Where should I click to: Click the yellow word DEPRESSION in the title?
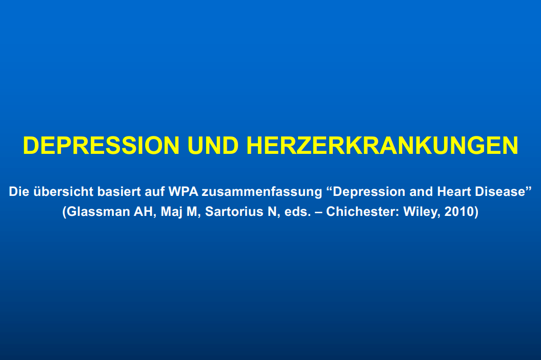[x=101, y=145]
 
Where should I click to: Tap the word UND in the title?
[x=213, y=145]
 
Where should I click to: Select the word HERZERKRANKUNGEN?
[x=382, y=145]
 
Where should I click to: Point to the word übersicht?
[x=63, y=192]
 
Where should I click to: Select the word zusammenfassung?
[x=262, y=192]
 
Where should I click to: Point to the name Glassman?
[x=98, y=212]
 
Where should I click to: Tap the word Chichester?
[x=362, y=212]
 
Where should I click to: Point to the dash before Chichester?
[x=318, y=212]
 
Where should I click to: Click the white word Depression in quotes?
[x=369, y=192]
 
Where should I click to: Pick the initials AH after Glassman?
[x=143, y=212]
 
